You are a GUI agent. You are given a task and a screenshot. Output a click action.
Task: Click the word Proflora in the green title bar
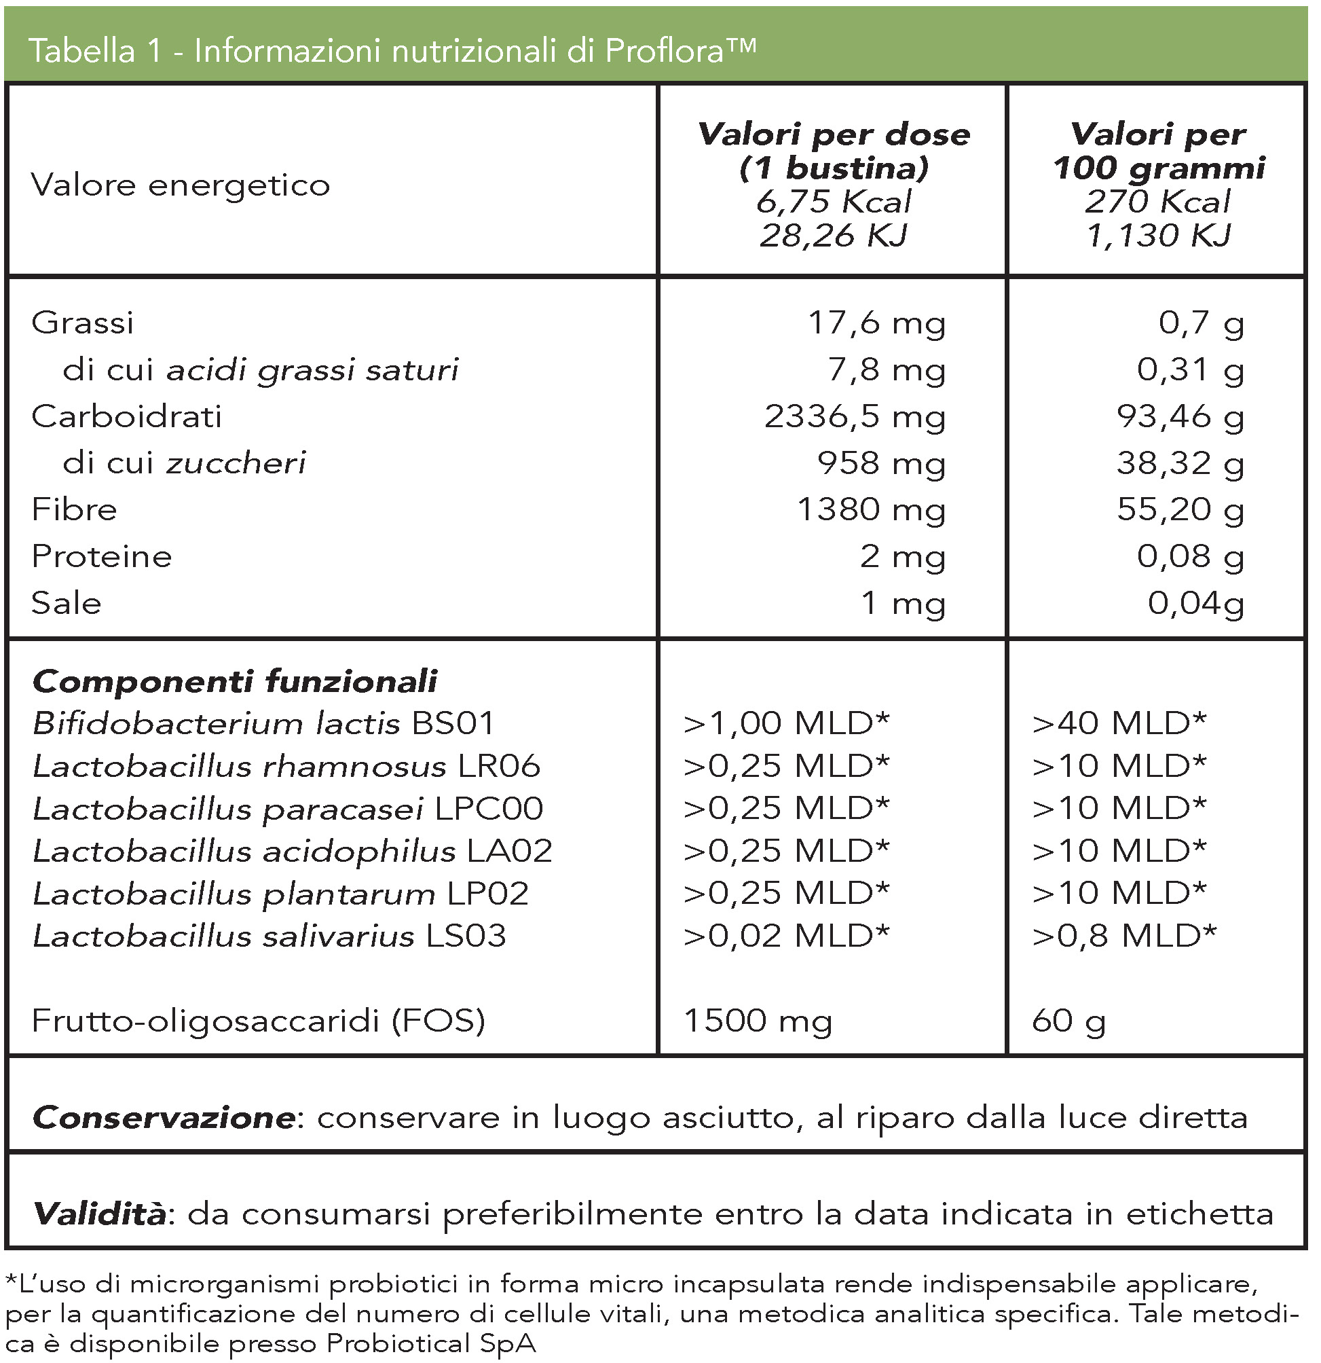tap(664, 51)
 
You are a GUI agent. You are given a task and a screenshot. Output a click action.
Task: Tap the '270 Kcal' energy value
tap(1157, 202)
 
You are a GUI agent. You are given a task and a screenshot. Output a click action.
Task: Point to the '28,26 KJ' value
tap(834, 236)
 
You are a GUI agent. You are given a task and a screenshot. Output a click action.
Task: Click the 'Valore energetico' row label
tap(180, 185)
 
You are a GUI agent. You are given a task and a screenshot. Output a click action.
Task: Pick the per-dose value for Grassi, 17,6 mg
tap(876, 323)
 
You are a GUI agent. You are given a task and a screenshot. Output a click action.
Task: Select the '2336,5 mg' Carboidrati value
tap(855, 416)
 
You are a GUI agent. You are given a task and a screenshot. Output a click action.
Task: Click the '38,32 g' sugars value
tap(1180, 463)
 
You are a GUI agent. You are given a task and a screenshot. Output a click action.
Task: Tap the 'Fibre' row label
tap(75, 510)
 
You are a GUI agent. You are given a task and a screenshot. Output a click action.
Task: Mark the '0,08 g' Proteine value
tap(1190, 556)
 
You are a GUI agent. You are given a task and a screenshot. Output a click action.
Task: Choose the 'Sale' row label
tap(66, 603)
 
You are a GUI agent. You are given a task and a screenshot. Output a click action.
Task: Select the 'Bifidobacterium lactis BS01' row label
tap(263, 724)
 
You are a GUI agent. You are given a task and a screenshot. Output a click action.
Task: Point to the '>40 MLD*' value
tap(1119, 724)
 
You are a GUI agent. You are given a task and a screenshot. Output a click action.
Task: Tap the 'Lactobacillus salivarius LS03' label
tap(269, 936)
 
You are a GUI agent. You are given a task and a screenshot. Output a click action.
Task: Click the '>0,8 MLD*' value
tap(1124, 936)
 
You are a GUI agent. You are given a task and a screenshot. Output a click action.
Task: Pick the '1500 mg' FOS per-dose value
tap(758, 1021)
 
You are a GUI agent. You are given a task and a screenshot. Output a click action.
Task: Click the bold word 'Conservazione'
tap(165, 1118)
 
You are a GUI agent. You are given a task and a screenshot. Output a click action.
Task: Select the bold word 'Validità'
tap(100, 1214)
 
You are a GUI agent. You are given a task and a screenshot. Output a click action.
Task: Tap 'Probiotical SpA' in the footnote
tap(431, 1343)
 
